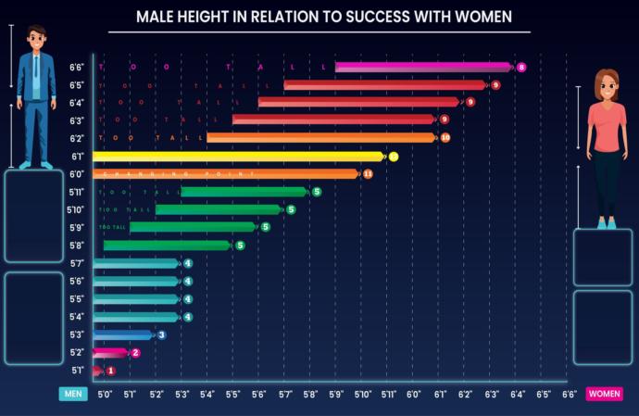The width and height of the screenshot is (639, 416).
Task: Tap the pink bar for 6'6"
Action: coord(421,67)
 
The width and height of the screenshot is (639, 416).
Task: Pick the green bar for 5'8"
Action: coord(167,246)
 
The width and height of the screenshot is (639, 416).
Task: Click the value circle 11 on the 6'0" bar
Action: coord(368,174)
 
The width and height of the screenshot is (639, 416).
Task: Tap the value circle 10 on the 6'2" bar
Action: coord(445,138)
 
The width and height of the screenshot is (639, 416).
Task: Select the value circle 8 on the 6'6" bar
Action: coord(521,67)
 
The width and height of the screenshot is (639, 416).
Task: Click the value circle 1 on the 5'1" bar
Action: coord(111,371)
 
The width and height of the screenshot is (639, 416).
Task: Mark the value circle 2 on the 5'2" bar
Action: coord(135,353)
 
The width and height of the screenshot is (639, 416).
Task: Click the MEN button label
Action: coord(73,394)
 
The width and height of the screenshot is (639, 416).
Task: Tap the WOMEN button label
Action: coord(604,394)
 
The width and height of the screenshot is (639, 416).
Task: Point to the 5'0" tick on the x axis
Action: coord(105,394)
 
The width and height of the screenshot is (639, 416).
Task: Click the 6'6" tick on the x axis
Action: coord(568,394)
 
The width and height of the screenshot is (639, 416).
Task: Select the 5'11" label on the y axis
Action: coord(77,193)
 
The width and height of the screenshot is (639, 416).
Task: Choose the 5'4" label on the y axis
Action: coord(77,317)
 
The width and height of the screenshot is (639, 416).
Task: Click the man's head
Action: coord(36,39)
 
